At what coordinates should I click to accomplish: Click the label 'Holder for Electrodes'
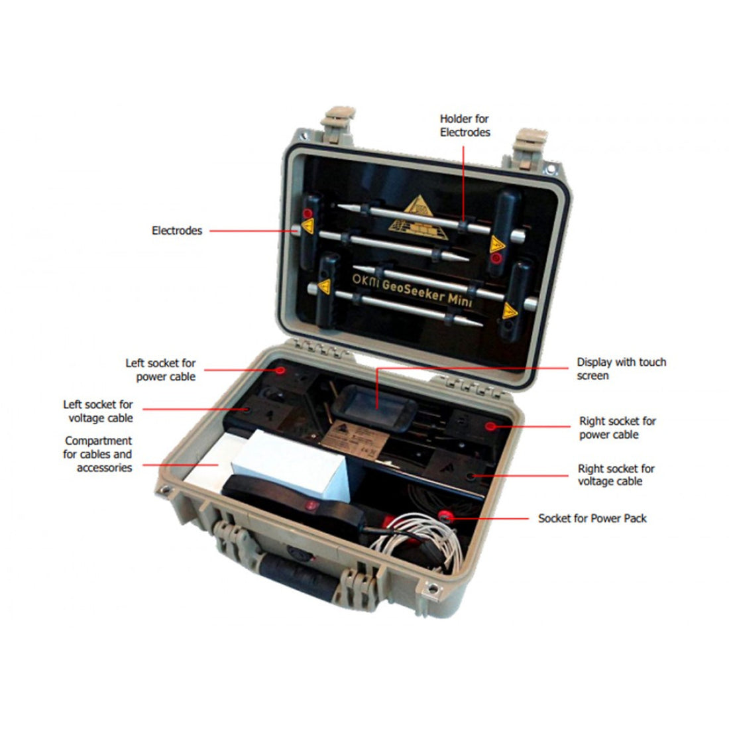pos(465,125)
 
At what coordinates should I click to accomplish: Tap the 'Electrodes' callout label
pos(177,231)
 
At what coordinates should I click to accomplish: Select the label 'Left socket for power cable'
pos(160,370)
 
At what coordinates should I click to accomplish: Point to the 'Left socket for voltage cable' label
pos(98,412)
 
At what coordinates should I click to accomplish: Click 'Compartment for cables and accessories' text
pos(97,454)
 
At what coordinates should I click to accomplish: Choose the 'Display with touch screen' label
pos(621,368)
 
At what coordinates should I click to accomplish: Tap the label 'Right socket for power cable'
pos(618,427)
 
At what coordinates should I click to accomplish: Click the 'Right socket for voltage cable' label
pos(616,475)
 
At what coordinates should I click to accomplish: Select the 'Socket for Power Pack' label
pos(592,518)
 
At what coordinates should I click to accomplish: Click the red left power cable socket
pos(280,370)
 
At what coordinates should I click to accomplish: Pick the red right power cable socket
pos(490,426)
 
